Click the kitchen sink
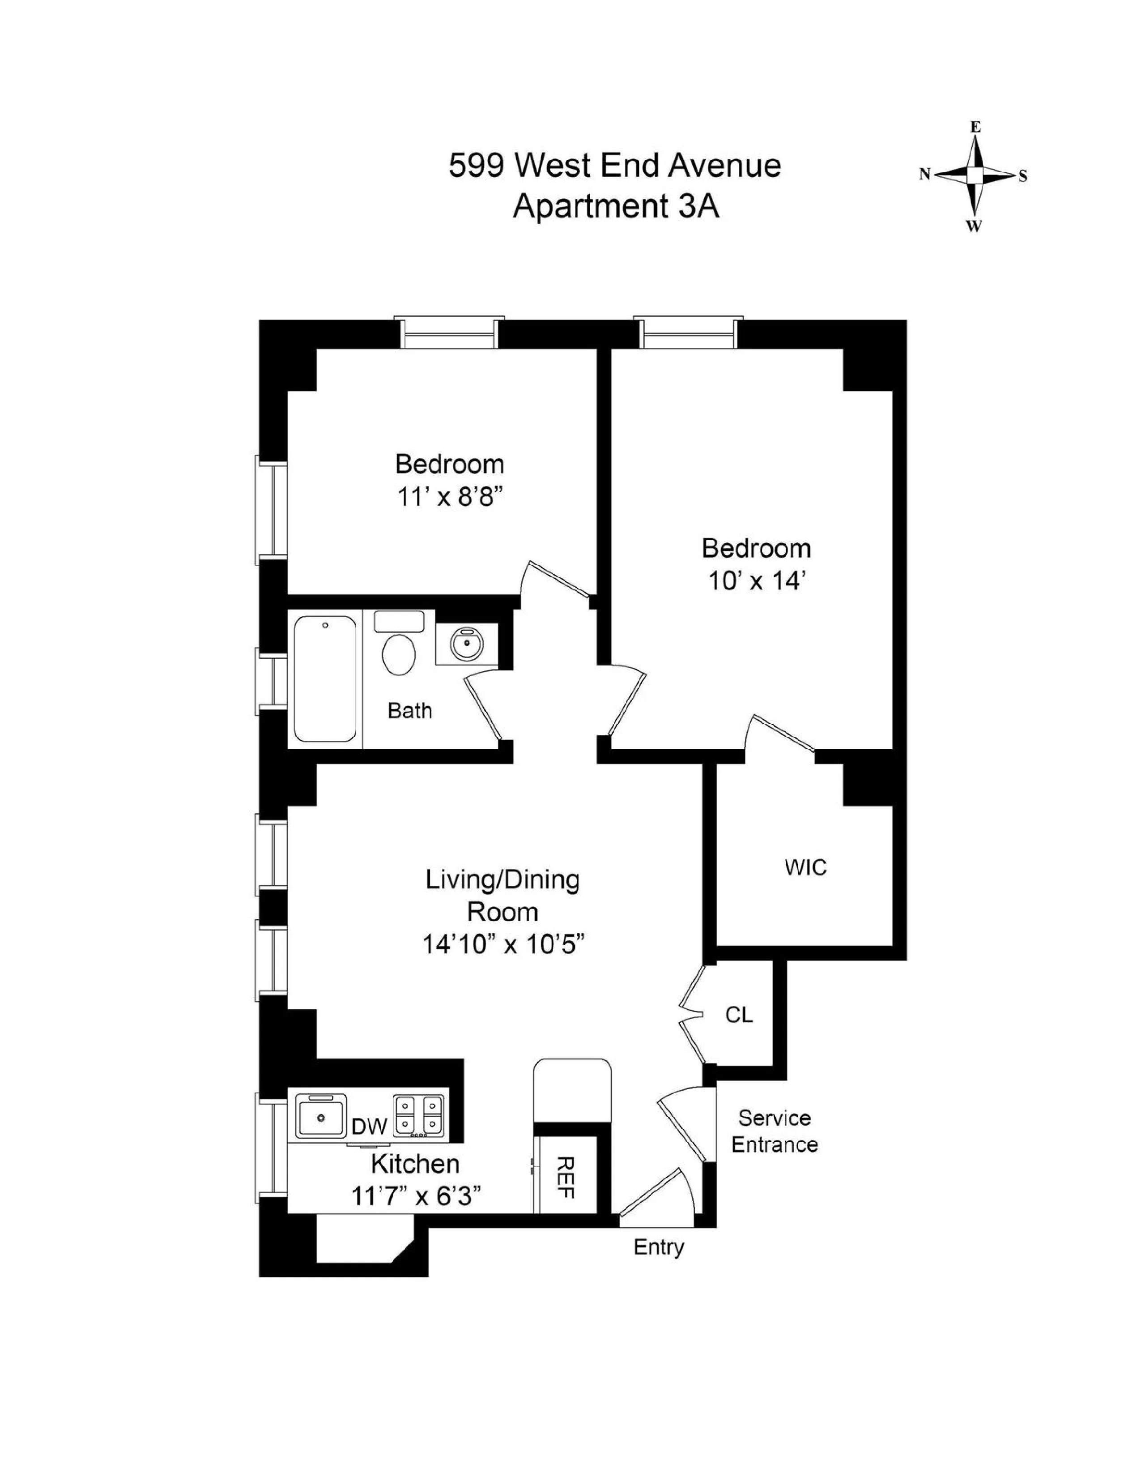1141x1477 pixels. (320, 1115)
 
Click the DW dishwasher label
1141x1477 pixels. (370, 1126)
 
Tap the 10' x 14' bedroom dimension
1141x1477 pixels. (756, 581)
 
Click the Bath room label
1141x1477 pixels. (409, 711)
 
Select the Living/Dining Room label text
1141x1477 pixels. (503, 896)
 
